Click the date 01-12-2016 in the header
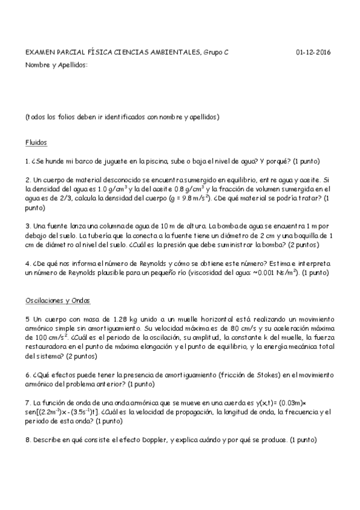click(x=313, y=52)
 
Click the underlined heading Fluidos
click(x=36, y=143)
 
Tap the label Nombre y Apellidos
click(x=56, y=64)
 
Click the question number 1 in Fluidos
click(x=28, y=161)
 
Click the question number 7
click(x=28, y=402)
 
